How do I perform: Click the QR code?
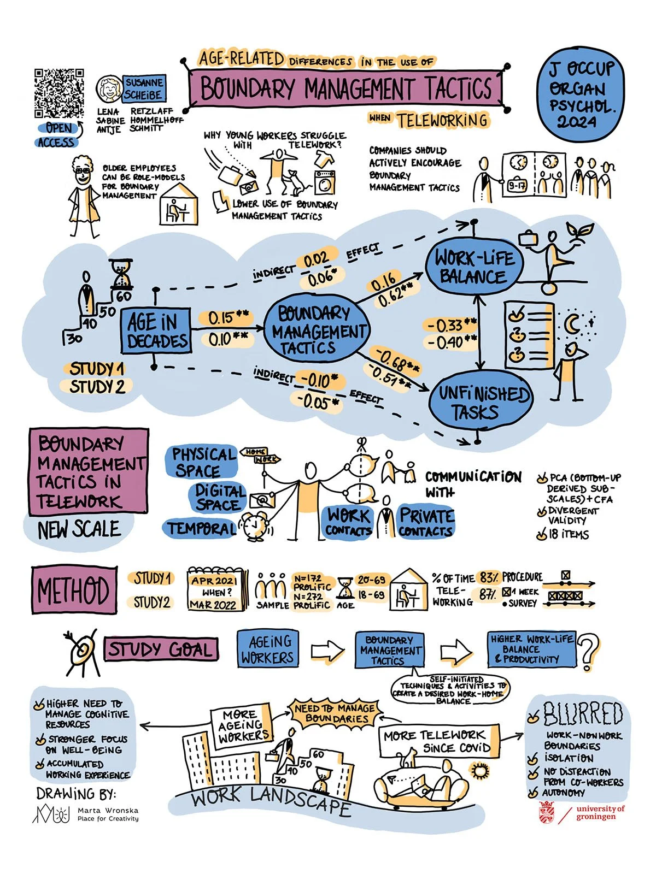(59, 93)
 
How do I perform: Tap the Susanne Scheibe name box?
(144, 88)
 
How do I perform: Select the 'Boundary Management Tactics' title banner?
(345, 88)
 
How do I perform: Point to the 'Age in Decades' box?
(156, 331)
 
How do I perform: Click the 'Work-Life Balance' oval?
(475, 267)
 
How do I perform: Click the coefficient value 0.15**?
(229, 317)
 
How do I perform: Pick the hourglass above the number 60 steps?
(121, 273)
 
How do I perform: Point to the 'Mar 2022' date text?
(213, 605)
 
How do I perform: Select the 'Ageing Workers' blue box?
(267, 649)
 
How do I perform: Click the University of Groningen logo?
(581, 812)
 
